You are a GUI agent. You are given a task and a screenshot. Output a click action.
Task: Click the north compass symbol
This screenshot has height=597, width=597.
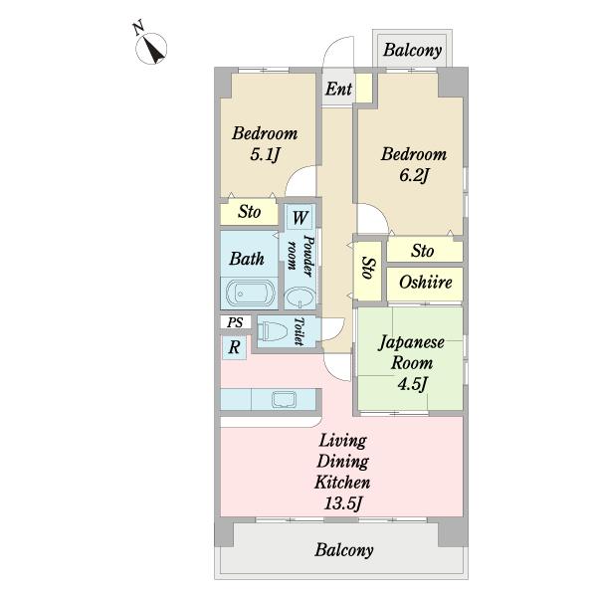(x=151, y=48)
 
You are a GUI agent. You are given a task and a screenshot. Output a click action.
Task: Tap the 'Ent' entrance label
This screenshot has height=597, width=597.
(x=338, y=90)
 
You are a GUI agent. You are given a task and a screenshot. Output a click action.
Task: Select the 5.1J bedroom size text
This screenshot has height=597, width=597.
(x=265, y=155)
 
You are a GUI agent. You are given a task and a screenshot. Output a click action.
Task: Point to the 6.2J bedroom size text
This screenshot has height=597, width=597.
(x=414, y=176)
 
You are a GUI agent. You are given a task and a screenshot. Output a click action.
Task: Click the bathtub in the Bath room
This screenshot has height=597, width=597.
(x=250, y=294)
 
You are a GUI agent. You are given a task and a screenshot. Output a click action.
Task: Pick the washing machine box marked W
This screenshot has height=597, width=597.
(x=299, y=217)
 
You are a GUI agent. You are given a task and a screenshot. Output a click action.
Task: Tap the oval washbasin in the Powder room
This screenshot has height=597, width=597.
(x=300, y=298)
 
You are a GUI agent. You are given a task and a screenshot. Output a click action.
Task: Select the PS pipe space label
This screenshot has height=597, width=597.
(x=235, y=322)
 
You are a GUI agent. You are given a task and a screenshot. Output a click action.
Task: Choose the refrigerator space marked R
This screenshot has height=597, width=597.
(x=234, y=347)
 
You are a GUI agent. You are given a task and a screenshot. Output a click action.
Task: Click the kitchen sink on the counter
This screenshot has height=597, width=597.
(x=284, y=399)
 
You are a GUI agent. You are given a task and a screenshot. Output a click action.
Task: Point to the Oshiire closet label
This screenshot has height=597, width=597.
(x=426, y=283)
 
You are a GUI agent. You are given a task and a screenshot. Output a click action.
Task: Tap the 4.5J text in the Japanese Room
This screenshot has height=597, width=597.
(x=412, y=384)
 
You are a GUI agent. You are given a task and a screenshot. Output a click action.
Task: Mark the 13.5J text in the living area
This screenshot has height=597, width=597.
(x=342, y=503)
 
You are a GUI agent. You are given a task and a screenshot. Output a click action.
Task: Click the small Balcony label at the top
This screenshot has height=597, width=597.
(x=412, y=51)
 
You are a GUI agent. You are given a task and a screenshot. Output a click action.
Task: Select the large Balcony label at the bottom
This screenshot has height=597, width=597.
(x=344, y=550)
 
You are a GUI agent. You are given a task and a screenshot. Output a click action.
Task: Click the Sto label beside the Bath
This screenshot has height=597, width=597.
(x=250, y=212)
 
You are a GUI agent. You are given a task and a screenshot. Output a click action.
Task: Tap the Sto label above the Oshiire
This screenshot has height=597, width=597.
(x=422, y=251)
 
